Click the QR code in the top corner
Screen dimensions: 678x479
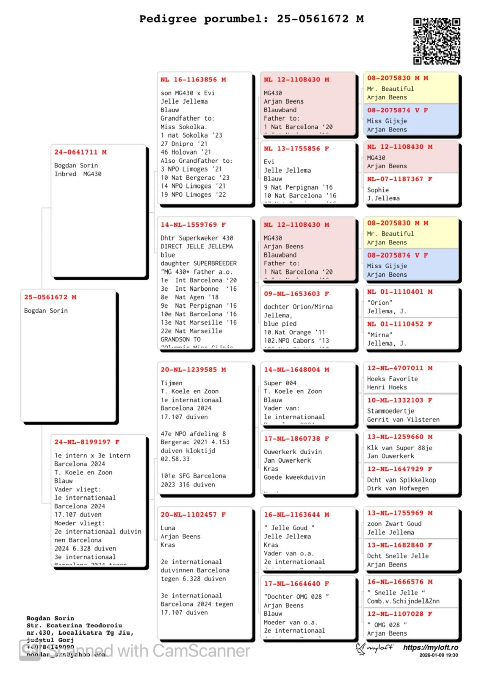[436, 41]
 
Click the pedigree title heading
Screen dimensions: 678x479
[251, 19]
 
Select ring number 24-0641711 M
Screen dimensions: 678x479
[80, 152]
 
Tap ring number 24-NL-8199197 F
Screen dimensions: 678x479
[87, 442]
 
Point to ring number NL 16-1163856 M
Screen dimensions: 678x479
[193, 80]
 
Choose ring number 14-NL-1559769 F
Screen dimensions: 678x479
[193, 225]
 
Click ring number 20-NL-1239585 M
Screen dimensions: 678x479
[193, 370]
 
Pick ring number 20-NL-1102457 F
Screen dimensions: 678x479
[193, 514]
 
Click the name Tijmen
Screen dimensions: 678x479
[172, 383]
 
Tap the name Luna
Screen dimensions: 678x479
[168, 528]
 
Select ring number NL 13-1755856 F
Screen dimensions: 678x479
[296, 149]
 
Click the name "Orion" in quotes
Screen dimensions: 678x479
[380, 303]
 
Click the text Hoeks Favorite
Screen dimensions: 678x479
[392, 379]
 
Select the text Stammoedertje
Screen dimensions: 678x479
[390, 411]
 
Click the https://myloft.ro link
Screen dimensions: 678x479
[430, 647]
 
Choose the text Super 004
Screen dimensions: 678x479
[280, 383]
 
